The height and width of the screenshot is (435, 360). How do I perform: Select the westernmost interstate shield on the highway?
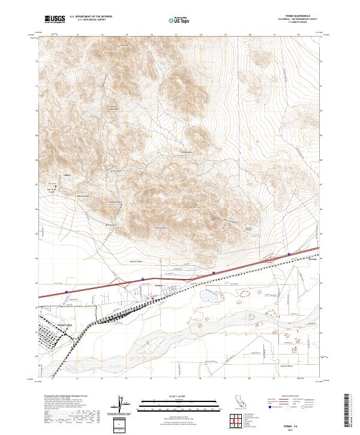pyautogui.click(x=67, y=292)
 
